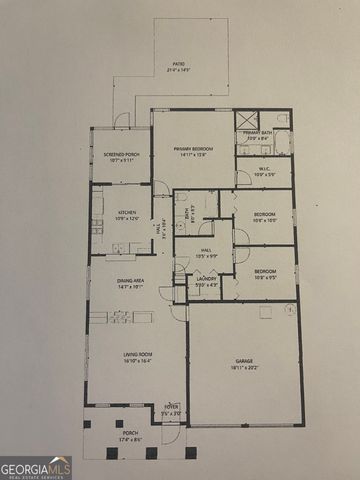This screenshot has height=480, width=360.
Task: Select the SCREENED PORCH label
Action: pos(120,155)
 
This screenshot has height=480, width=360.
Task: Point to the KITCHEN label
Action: pos(127,212)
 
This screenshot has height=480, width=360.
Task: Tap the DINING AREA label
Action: pos(131,282)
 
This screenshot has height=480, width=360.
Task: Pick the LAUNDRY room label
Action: pos(206,279)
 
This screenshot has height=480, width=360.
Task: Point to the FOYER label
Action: pos(171,406)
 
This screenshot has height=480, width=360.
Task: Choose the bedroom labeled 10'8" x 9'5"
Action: pos(264,272)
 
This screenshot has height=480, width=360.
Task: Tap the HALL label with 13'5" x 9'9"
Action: pos(205,252)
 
